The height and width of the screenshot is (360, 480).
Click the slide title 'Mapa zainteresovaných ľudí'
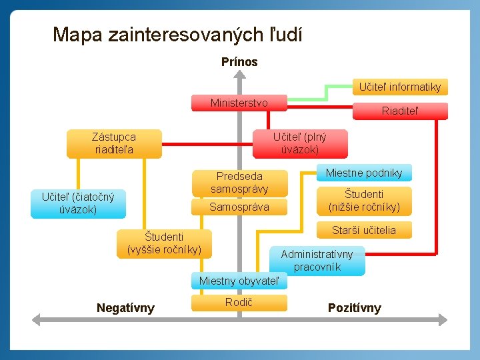(x=177, y=34)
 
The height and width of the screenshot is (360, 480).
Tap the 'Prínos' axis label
(x=239, y=62)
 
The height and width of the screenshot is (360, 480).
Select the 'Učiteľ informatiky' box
(x=399, y=87)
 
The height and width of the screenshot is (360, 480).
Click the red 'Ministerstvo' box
(x=239, y=103)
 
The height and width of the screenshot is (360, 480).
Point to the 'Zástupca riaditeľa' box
(x=114, y=143)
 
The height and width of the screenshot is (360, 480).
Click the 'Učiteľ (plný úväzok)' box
(x=300, y=143)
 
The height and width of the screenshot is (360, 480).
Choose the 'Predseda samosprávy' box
(x=239, y=183)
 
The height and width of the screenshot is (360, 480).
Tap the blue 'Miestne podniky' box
(x=364, y=173)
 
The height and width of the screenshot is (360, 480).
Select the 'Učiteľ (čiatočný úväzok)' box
(x=78, y=203)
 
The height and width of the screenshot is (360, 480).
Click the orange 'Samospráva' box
(x=239, y=207)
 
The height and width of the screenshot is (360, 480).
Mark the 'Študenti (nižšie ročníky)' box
(x=364, y=201)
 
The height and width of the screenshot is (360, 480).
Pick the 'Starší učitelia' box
(x=364, y=230)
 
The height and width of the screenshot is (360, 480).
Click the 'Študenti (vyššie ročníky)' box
(x=164, y=243)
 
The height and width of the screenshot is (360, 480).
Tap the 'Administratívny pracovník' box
(x=317, y=261)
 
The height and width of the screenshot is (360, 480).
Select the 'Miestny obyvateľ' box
(x=239, y=281)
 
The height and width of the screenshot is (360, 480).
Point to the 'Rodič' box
(x=239, y=303)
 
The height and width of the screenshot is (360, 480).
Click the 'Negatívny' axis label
(x=125, y=308)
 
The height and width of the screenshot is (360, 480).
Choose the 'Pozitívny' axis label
(x=355, y=308)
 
